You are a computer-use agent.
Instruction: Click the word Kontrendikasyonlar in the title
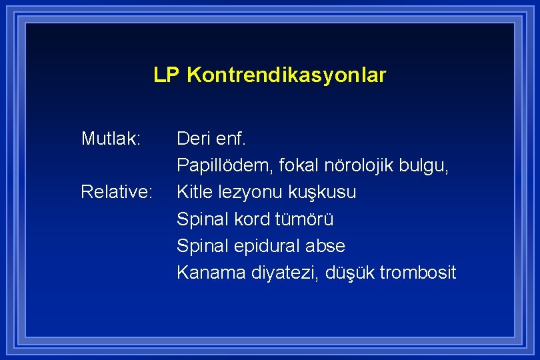tap(287, 75)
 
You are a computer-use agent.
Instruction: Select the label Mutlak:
tap(111, 139)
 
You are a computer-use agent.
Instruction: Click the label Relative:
tap(117, 192)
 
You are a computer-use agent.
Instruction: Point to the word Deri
tap(193, 139)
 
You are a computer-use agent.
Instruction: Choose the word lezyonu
tap(250, 193)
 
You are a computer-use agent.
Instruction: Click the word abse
tap(325, 246)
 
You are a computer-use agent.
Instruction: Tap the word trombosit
tap(417, 273)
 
